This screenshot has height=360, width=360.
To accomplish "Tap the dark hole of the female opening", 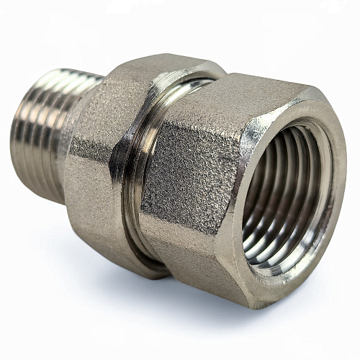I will pyautogui.click(x=277, y=194).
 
